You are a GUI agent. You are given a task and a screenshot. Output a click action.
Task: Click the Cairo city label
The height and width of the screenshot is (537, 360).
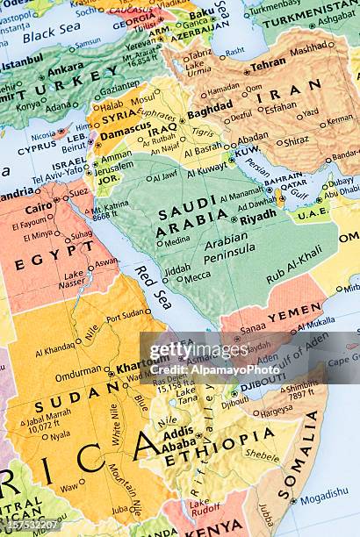[39, 208]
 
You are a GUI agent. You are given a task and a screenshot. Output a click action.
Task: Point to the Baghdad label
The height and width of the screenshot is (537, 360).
[209, 112]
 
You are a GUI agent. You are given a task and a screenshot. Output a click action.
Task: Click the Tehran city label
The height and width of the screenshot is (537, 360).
[268, 63]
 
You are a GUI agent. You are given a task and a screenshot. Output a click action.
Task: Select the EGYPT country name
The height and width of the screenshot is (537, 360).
[43, 261]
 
